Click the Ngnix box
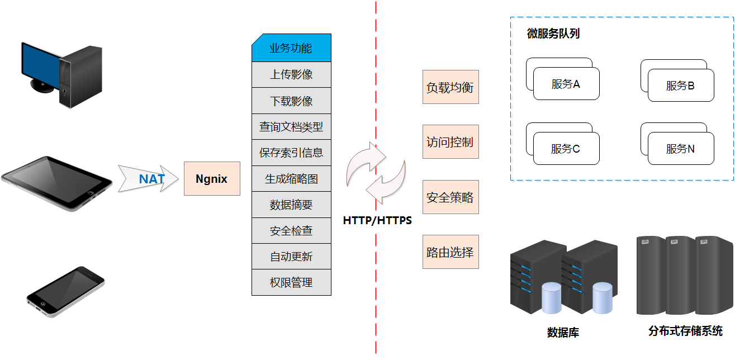click(x=212, y=179)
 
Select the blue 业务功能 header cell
click(x=291, y=48)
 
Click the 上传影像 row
click(x=291, y=74)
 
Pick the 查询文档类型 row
click(x=291, y=127)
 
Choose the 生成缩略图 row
click(x=291, y=179)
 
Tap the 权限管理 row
click(x=291, y=283)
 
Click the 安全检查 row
click(x=291, y=231)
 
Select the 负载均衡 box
click(x=451, y=87)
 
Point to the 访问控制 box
click(x=451, y=142)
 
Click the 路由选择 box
click(x=451, y=252)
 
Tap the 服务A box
click(x=566, y=84)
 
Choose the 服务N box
click(x=681, y=149)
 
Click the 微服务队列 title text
click(x=553, y=34)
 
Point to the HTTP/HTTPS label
click(x=377, y=220)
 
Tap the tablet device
click(x=56, y=183)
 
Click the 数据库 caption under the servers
click(x=563, y=333)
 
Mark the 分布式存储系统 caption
click(x=685, y=331)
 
